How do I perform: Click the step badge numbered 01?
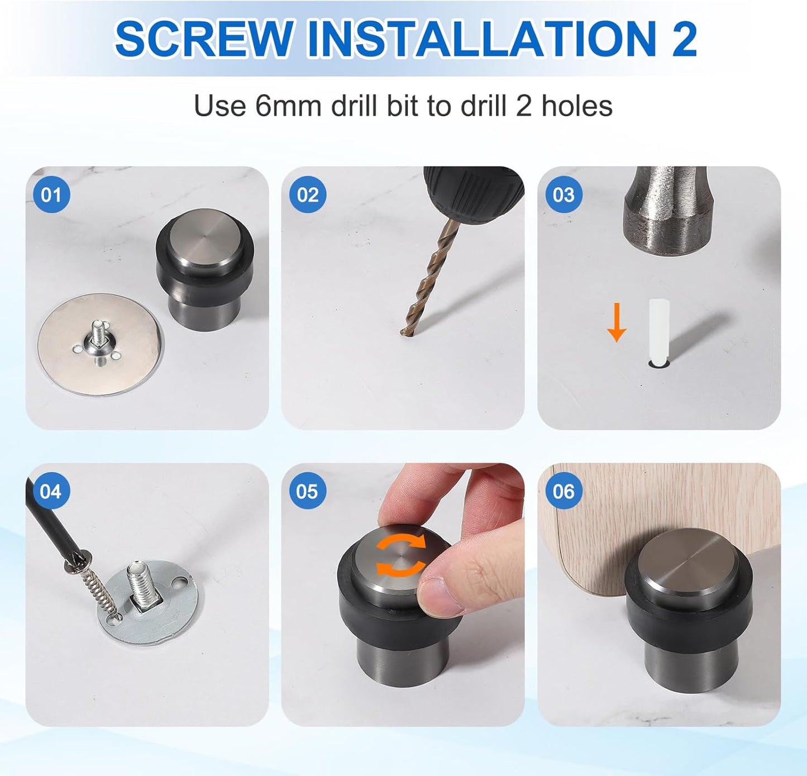click(x=51, y=195)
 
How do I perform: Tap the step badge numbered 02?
click(x=307, y=195)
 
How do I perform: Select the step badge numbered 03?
click(x=563, y=195)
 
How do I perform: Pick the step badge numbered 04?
click(x=51, y=491)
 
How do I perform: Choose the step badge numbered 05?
click(x=307, y=491)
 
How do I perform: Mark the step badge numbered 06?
click(x=563, y=491)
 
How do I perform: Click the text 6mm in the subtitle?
click(x=288, y=106)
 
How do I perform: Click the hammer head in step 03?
click(x=665, y=212)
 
